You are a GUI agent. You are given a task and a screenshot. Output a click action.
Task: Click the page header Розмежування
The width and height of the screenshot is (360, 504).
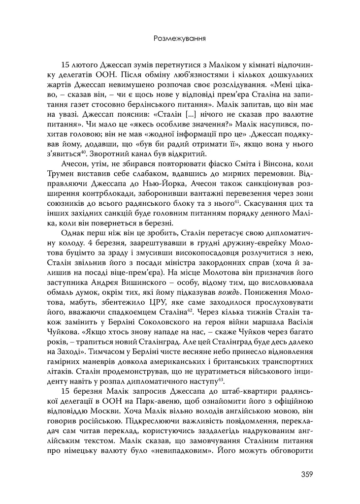tap(180, 38)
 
